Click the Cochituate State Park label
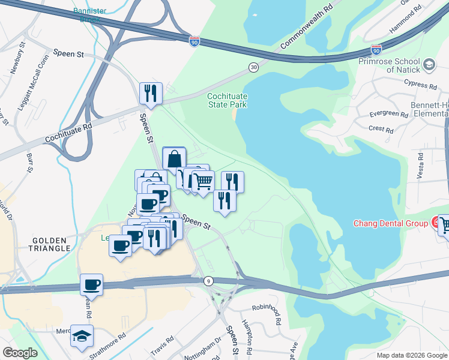click(227, 100)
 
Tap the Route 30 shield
click(254, 68)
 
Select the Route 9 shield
click(208, 280)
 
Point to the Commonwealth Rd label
click(307, 28)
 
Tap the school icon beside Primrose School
click(429, 64)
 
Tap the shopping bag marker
click(174, 159)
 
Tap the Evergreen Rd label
click(388, 114)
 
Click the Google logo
click(20, 353)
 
